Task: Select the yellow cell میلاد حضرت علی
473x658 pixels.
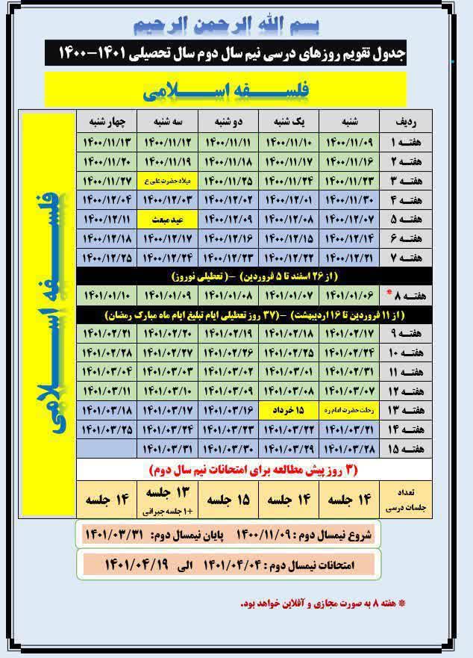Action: pyautogui.click(x=167, y=180)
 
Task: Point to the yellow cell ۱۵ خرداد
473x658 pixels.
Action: pyautogui.click(x=288, y=410)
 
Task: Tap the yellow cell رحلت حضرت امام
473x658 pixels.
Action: pyautogui.click(x=348, y=410)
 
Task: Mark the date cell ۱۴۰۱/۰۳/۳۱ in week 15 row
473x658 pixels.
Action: pyautogui.click(x=167, y=449)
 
